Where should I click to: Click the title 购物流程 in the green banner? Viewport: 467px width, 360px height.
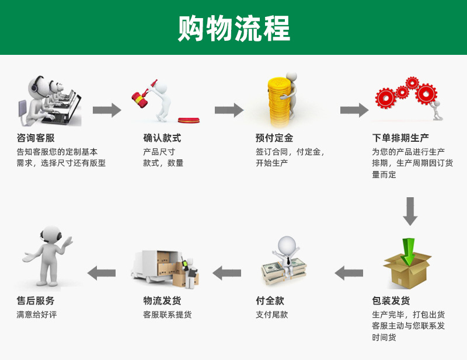coord(234,28)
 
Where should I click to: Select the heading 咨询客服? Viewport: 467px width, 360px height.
coord(36,138)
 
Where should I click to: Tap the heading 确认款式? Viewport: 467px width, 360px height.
coord(162,138)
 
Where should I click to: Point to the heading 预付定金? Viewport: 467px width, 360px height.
coord(274,138)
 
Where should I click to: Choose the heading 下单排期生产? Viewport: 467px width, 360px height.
coord(400,138)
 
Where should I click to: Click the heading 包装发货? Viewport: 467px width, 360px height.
coord(391,300)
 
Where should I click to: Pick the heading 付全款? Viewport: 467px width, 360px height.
coord(270,300)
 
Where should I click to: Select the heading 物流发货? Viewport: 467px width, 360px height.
coord(162,300)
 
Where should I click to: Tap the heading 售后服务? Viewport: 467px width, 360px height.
coord(36,300)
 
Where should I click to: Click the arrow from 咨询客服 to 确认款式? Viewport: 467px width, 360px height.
coord(107,110)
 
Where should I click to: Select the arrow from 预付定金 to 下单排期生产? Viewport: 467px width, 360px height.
coord(354,110)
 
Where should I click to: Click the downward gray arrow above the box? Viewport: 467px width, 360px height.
coord(410,211)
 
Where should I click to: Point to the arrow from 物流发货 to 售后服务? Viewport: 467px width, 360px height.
coord(102,273)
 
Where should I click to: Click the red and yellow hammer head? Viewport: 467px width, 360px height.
coord(140,100)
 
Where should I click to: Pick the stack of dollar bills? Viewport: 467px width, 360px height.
coord(284,271)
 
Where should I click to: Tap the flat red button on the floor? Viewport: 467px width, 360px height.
coord(189,120)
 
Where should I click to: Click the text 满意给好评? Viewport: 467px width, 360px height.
coord(37,314)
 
